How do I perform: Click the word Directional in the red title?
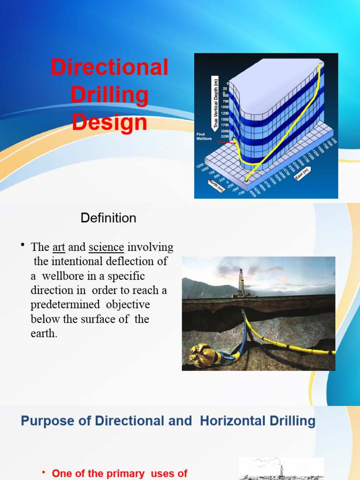pyautogui.click(x=109, y=67)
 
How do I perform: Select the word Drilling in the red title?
pyautogui.click(x=109, y=95)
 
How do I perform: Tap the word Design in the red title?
pyautogui.click(x=109, y=122)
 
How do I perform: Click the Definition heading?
pyautogui.click(x=108, y=218)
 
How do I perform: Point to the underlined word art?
pyautogui.click(x=58, y=247)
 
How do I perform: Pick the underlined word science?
pyautogui.click(x=106, y=247)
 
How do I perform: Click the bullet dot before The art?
pyautogui.click(x=22, y=246)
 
